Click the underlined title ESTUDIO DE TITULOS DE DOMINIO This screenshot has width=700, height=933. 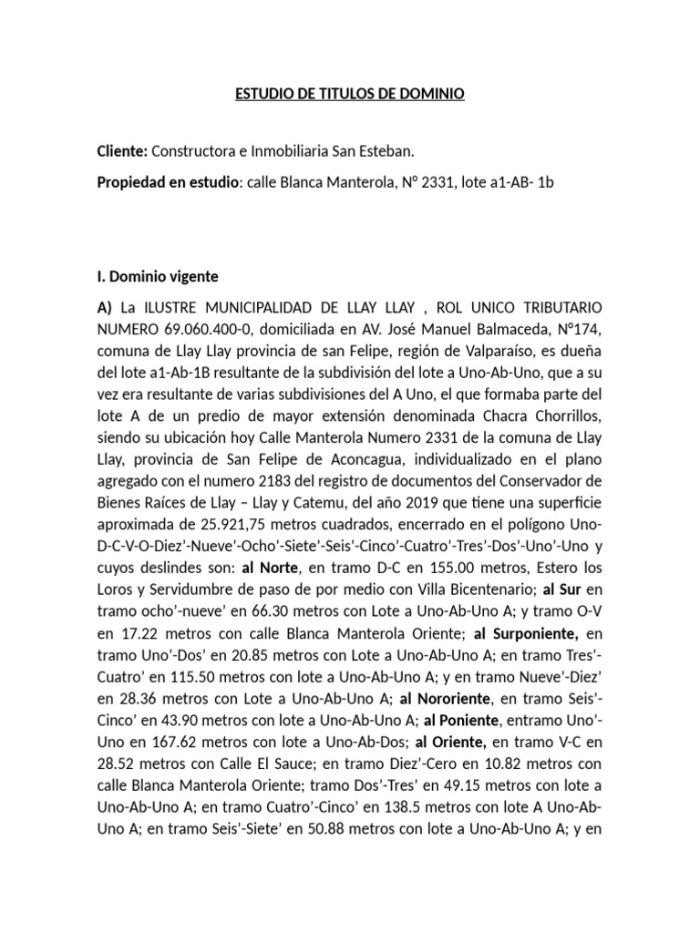pyautogui.click(x=350, y=95)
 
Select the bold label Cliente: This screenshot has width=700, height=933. pyautogui.click(x=122, y=150)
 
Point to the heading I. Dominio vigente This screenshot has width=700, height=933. pyautogui.click(x=157, y=276)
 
